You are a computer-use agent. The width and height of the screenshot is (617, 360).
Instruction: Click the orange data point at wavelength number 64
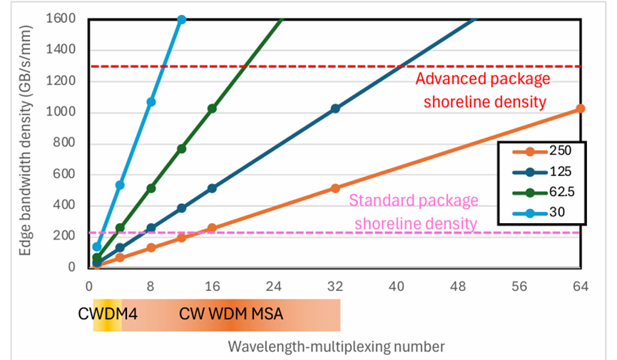[581, 108]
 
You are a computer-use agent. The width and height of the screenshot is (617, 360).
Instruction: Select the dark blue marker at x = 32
[335, 108]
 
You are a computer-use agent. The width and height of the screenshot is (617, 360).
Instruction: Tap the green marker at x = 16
[212, 108]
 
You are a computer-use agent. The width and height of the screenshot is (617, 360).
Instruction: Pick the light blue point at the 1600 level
[181, 19]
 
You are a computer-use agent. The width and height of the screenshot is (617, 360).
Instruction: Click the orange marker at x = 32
[335, 188]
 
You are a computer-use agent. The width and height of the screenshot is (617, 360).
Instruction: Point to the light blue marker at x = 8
[151, 102]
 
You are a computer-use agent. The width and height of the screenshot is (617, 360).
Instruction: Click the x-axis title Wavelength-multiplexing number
[336, 346]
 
